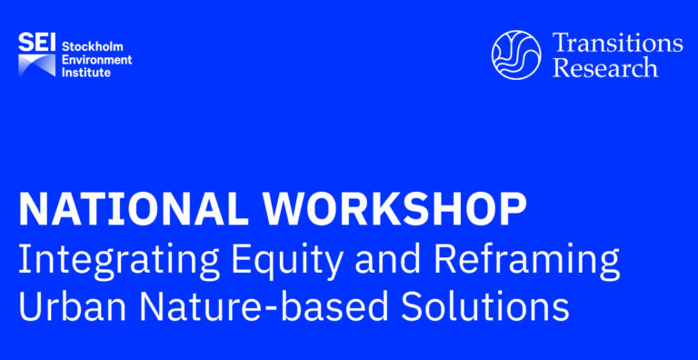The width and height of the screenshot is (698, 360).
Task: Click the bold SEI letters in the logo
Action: point(37,42)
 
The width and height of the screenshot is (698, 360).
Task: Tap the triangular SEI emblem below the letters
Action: point(37,65)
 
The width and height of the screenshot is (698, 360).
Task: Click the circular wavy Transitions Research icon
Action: point(515,55)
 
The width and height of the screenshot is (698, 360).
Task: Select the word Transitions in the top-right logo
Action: point(616,43)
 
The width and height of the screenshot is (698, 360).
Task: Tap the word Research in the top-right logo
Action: point(605,68)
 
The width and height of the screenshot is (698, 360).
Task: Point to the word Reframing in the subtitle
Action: point(525,262)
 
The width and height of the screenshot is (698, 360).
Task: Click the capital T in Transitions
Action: point(561,43)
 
